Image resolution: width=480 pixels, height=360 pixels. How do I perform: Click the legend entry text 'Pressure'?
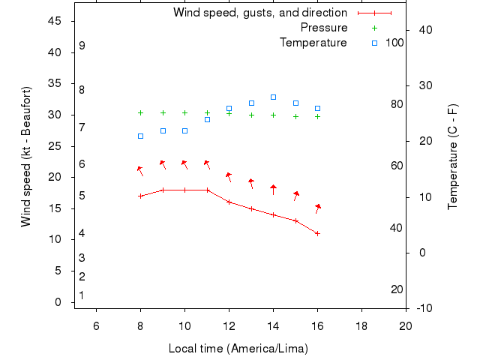(324, 28)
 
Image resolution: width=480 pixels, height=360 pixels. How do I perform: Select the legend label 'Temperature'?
(313, 43)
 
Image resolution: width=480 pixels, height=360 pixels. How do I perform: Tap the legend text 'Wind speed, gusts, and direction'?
(260, 13)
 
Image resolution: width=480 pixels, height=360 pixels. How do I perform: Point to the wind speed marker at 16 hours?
(318, 233)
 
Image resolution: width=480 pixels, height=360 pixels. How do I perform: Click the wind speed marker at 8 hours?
(140, 196)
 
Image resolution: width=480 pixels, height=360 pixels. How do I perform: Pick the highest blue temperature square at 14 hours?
(274, 97)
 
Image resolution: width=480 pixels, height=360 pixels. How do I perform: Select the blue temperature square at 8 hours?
(140, 136)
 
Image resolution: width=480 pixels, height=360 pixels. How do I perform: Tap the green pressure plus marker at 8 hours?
(140, 112)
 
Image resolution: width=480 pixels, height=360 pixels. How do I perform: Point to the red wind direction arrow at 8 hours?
(139, 172)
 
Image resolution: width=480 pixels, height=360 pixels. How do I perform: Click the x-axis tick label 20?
(406, 325)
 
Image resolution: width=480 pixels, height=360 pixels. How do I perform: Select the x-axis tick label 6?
(96, 325)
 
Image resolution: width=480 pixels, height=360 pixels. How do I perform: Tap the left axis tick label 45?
(55, 21)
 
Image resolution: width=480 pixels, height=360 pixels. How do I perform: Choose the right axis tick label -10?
(424, 308)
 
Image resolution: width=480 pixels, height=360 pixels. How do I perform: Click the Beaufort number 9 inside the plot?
(82, 46)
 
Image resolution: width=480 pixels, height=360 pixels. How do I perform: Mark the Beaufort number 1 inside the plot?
(81, 295)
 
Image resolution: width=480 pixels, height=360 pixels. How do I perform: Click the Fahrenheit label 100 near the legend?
(394, 43)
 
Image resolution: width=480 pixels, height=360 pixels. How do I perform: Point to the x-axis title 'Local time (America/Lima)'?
(238, 349)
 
